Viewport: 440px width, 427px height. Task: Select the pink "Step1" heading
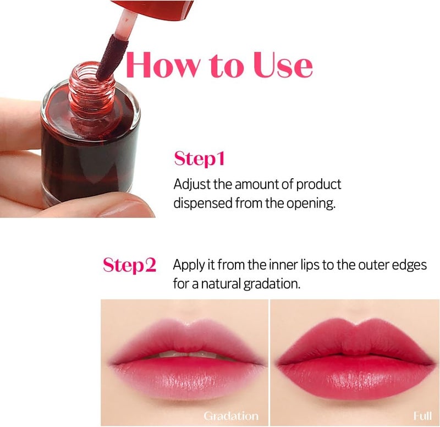(199, 159)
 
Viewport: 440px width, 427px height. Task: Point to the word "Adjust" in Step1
(192, 184)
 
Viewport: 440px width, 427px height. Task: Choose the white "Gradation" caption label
(230, 415)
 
